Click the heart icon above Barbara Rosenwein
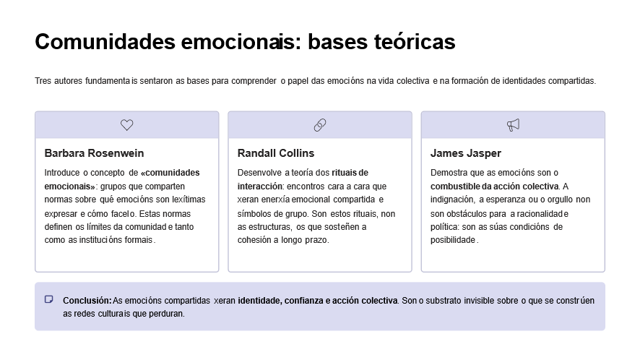click(127, 125)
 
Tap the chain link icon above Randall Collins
click(320, 125)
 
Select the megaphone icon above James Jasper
click(513, 125)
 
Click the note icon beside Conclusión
click(48, 299)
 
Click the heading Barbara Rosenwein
click(95, 153)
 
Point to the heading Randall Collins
click(276, 153)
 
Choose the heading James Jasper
click(466, 153)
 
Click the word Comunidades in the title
click(105, 42)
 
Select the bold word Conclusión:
click(87, 300)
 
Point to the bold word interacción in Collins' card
click(261, 187)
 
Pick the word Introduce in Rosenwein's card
click(62, 173)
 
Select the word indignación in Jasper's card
click(453, 200)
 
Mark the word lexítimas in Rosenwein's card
click(189, 200)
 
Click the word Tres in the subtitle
click(43, 81)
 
